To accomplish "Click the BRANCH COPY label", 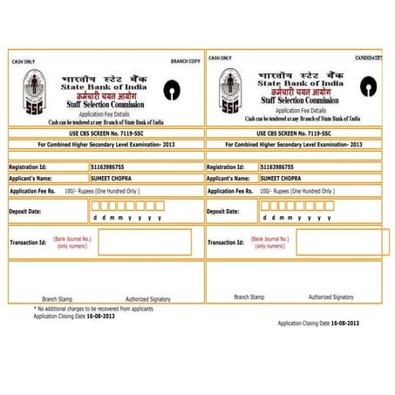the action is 185,62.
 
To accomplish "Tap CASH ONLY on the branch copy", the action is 23,62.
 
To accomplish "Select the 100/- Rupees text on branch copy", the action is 101,190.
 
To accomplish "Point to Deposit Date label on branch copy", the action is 24,211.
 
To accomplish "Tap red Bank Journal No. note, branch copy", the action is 72,242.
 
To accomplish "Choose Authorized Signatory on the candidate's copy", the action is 330,296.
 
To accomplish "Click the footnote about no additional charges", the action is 93,309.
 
